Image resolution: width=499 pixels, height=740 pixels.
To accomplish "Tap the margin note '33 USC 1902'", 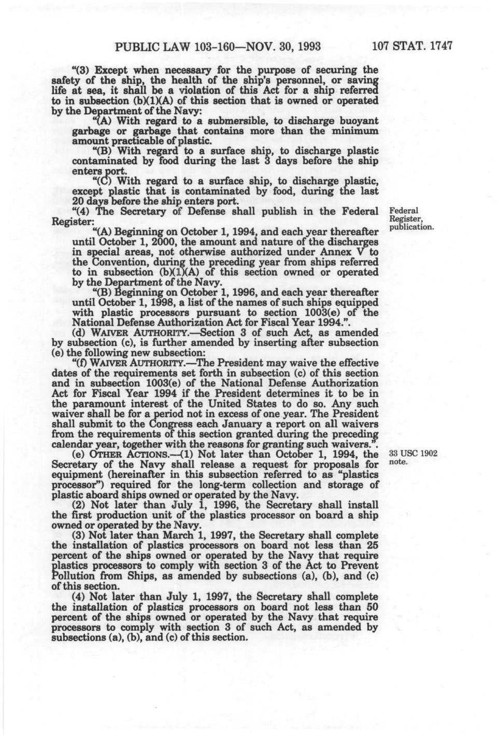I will tap(412, 454).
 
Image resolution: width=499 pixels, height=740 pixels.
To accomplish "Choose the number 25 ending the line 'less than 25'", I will tap(372, 545).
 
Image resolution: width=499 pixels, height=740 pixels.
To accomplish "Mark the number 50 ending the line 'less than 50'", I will tap(372, 606).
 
